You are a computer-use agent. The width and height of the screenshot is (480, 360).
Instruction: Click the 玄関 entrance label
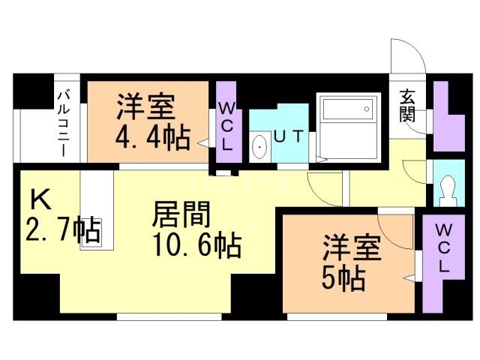(407, 105)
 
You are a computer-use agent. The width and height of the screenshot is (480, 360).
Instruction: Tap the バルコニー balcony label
(64, 123)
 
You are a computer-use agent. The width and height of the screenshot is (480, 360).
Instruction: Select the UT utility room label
(289, 136)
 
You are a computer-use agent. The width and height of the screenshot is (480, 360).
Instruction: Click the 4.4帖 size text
(153, 138)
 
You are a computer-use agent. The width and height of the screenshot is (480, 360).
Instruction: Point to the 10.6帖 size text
(197, 245)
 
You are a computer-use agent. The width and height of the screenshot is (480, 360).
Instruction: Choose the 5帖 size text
(343, 279)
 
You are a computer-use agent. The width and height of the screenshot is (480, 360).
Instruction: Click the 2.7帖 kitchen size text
(63, 230)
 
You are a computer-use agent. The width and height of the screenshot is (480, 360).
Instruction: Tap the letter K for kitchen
(41, 199)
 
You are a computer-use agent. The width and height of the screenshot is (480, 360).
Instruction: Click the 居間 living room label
(181, 214)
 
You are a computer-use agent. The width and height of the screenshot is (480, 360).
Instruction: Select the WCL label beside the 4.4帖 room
(226, 126)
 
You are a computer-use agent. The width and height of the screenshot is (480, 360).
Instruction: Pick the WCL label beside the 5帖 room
(443, 248)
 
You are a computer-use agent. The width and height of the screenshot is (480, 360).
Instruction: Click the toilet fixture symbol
(449, 190)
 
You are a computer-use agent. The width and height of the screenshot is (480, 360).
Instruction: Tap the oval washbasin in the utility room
(259, 148)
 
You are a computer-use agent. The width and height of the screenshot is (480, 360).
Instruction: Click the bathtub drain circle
(367, 109)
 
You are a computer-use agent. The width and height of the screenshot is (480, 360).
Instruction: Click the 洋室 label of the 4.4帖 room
(145, 106)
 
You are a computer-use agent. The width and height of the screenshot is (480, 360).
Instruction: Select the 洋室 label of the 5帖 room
(352, 247)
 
